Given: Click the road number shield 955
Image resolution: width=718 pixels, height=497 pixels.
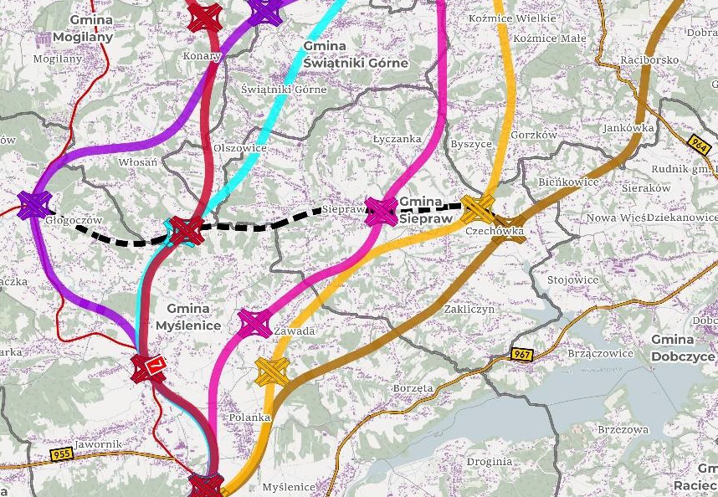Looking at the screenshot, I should click(61, 454).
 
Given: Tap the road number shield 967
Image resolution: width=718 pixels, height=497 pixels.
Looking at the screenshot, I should click(522, 355).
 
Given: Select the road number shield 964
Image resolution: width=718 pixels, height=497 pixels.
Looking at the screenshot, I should click(700, 144).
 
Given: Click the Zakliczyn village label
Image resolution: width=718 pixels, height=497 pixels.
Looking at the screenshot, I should click(469, 309).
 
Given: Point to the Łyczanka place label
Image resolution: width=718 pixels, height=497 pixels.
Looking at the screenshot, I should click(397, 139).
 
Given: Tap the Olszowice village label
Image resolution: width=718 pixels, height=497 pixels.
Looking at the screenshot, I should click(240, 148).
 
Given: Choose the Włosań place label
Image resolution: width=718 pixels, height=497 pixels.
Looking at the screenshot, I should click(138, 161).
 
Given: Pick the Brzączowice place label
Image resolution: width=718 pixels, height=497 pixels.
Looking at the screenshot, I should click(600, 353).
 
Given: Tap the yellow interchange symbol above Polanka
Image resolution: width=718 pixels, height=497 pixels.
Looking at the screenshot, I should click(272, 370).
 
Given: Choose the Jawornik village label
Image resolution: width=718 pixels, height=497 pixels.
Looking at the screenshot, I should click(99, 443).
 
